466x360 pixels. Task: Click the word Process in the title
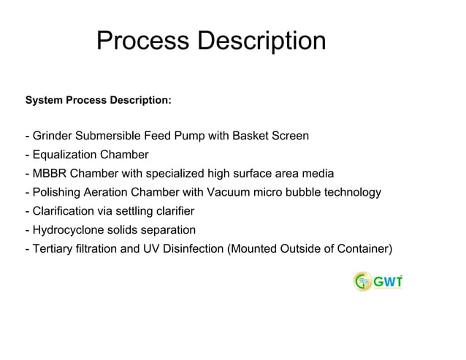(x=143, y=41)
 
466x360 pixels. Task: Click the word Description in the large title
(x=261, y=41)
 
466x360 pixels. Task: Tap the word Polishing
(x=57, y=193)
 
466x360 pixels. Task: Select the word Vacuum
(x=228, y=193)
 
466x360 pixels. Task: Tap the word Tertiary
(x=53, y=250)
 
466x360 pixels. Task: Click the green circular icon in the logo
(x=362, y=281)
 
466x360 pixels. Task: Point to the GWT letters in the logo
(x=388, y=281)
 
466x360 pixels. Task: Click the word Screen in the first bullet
(x=290, y=136)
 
